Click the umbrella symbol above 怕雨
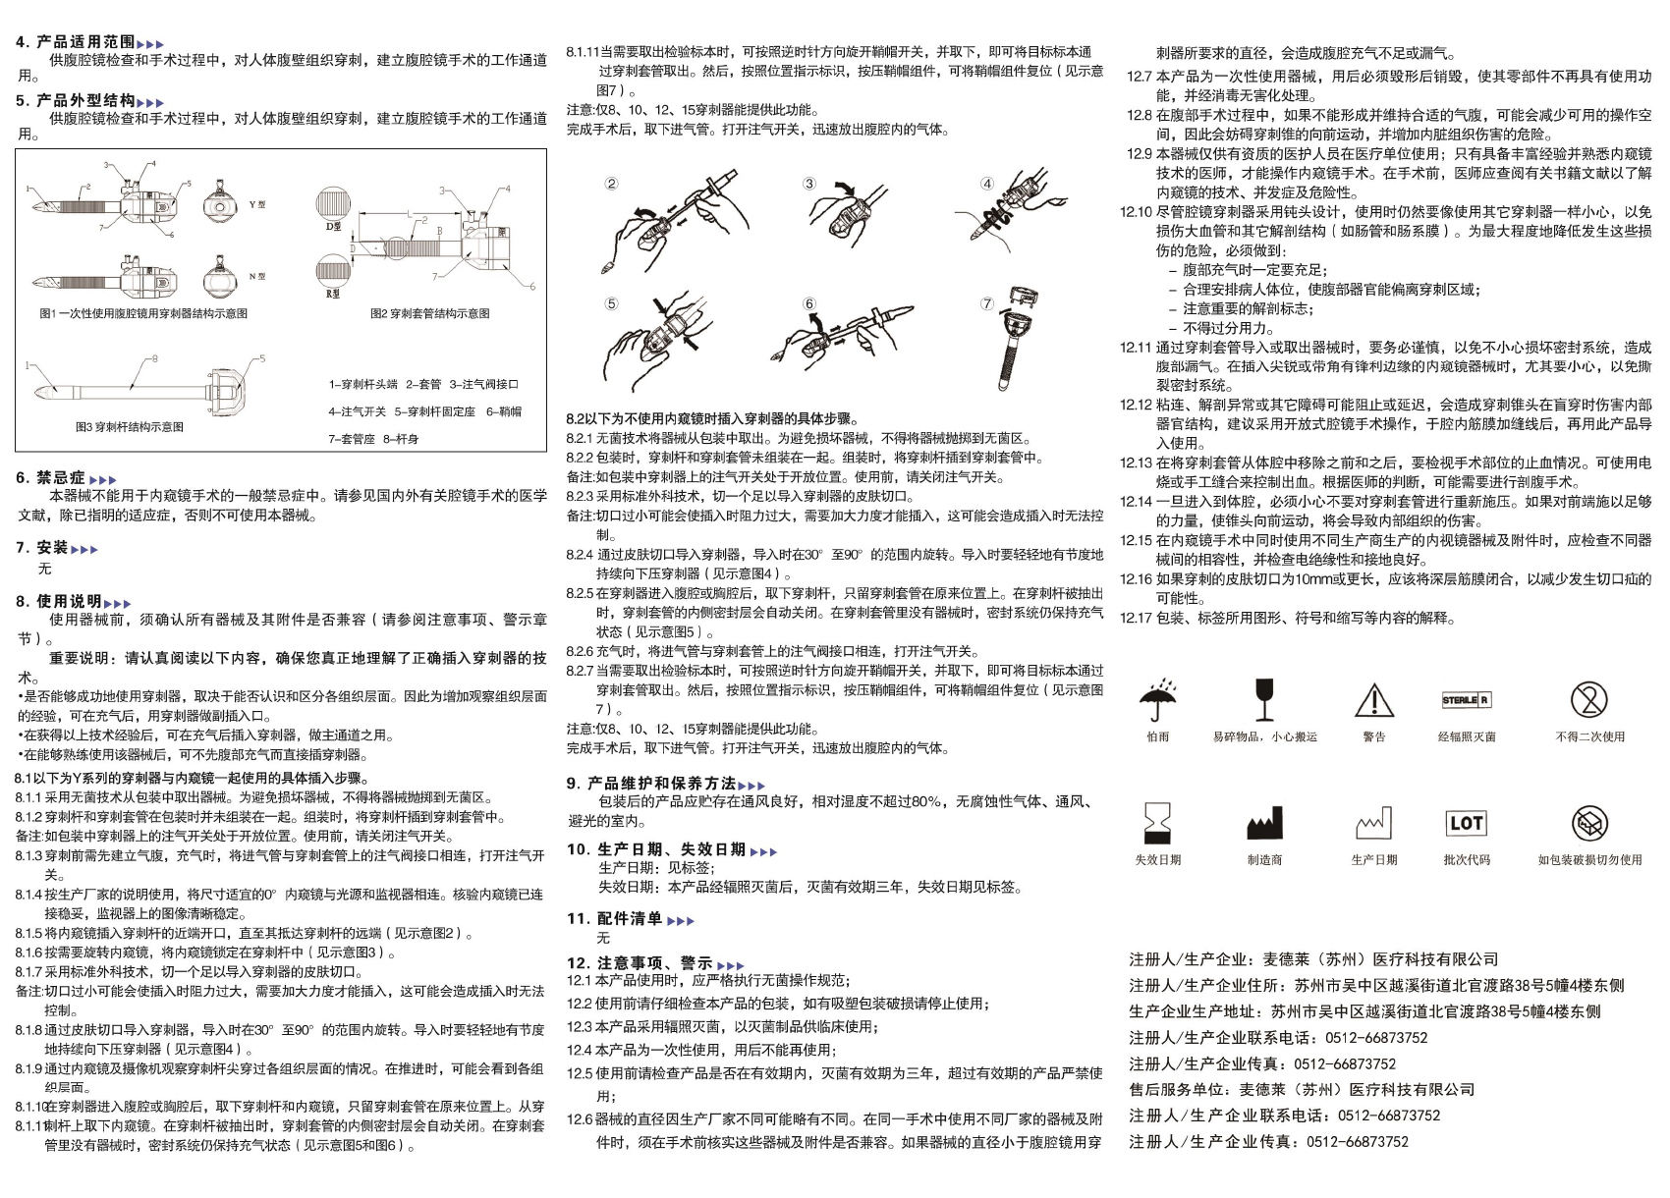click(x=1158, y=699)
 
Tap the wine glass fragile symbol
click(x=1264, y=699)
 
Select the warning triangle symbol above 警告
click(x=1373, y=700)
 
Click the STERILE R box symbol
click(x=1466, y=700)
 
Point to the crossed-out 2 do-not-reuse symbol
click(x=1588, y=699)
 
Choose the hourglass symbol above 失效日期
click(x=1157, y=823)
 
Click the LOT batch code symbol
click(x=1466, y=823)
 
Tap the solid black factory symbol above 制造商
click(x=1264, y=824)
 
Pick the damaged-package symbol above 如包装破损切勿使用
click(x=1588, y=824)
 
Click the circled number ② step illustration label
click(x=611, y=184)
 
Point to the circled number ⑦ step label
click(x=987, y=303)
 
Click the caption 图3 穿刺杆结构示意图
click(x=130, y=427)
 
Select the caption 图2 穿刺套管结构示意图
click(x=429, y=313)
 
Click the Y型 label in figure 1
click(x=257, y=204)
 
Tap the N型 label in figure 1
click(x=257, y=277)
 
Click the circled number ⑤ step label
click(x=611, y=303)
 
